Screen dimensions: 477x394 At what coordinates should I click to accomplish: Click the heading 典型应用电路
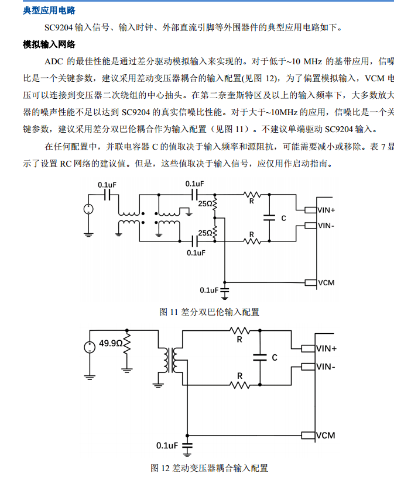click(49, 11)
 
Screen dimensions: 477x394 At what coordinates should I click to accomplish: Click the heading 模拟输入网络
click(49, 44)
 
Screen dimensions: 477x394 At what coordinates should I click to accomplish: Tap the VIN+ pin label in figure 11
click(326, 210)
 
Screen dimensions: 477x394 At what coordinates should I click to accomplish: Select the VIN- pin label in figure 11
click(326, 225)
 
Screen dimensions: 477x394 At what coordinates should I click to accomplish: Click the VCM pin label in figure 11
click(326, 282)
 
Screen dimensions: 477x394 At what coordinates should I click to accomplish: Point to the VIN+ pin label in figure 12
click(326, 349)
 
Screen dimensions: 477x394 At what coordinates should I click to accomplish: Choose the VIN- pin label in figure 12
click(326, 367)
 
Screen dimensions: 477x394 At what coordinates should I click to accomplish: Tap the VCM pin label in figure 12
click(326, 435)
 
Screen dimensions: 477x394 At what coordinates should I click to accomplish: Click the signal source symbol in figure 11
click(88, 209)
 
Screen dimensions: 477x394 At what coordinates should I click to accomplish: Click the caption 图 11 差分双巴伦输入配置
click(209, 312)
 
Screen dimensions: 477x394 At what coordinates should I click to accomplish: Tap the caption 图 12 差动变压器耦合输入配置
click(209, 468)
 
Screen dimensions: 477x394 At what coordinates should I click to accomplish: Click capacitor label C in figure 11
click(283, 217)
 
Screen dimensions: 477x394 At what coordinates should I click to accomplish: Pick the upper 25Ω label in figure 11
click(205, 204)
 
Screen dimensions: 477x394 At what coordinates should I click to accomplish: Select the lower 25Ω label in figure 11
click(205, 233)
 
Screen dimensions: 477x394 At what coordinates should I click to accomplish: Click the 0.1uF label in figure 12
click(167, 445)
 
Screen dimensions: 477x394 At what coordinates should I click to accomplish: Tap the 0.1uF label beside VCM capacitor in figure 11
click(209, 290)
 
